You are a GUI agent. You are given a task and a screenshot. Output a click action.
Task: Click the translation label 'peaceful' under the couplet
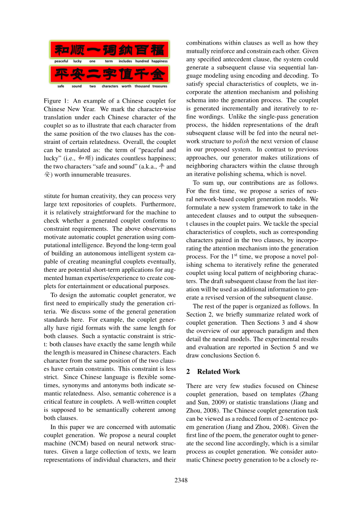click(61, 61)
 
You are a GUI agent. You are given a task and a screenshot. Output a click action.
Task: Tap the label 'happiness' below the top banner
click(160, 61)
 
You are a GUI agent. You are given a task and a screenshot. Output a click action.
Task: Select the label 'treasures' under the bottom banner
click(160, 86)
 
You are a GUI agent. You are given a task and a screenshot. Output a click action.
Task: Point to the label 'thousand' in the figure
click(142, 86)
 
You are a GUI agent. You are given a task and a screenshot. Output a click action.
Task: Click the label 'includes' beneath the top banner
click(125, 61)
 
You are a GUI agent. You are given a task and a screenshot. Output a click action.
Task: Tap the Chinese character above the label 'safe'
click(61, 75)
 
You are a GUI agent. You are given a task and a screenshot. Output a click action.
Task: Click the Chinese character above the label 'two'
click(93, 75)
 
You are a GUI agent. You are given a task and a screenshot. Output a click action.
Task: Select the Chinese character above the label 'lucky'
click(77, 50)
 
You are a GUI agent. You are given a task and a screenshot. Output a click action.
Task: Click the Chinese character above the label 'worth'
click(126, 75)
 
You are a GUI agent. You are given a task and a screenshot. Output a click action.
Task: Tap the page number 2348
click(181, 480)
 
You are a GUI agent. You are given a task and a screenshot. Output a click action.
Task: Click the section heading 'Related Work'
click(218, 372)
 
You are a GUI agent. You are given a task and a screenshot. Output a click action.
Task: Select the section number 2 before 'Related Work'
click(188, 372)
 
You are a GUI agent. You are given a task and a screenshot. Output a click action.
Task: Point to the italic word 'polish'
click(241, 141)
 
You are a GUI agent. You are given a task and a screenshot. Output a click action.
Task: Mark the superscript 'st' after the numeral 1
click(235, 255)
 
